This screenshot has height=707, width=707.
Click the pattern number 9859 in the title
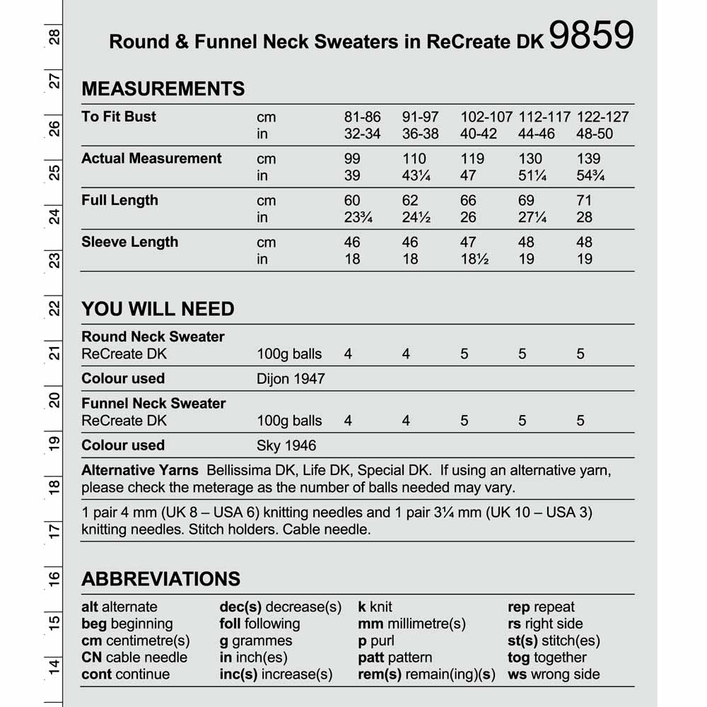click(590, 36)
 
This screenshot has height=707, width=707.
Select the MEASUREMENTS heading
click(163, 89)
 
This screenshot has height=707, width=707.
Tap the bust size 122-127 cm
click(602, 117)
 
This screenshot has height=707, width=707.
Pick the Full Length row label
click(119, 200)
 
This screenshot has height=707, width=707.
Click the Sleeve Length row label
click(129, 242)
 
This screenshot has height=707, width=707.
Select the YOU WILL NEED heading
click(158, 309)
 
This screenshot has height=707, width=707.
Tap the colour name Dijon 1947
click(291, 379)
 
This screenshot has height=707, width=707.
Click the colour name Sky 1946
click(286, 445)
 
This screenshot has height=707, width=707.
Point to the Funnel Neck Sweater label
click(153, 404)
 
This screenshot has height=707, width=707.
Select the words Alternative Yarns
click(140, 470)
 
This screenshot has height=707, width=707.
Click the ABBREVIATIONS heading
click(160, 579)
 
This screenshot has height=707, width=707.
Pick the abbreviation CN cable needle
click(134, 658)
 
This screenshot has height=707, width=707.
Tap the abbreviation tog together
click(547, 658)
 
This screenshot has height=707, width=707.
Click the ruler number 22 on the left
click(54, 308)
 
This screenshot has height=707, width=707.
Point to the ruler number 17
click(54, 530)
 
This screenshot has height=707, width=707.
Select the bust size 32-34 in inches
click(362, 134)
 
